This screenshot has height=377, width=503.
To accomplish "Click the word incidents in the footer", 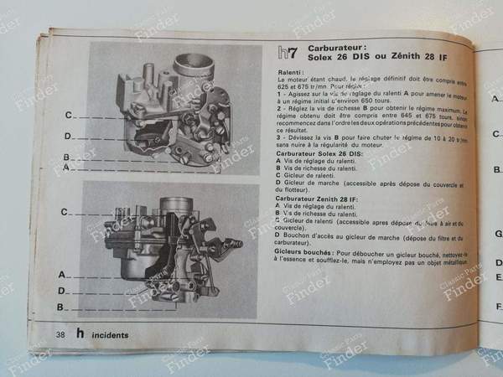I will pos(111,335).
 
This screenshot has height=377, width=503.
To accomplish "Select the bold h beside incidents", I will pos(80,334).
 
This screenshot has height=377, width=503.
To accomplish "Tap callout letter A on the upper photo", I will pos(66,168).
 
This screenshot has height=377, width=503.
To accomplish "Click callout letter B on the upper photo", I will pos(66,157).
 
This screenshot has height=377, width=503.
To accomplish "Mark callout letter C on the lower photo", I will pos(64,213).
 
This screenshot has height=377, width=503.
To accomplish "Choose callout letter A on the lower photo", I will pos(61,274).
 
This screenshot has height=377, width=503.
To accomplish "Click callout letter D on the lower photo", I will pos(61,291).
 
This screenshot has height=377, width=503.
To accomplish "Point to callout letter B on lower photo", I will pos(61,307).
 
